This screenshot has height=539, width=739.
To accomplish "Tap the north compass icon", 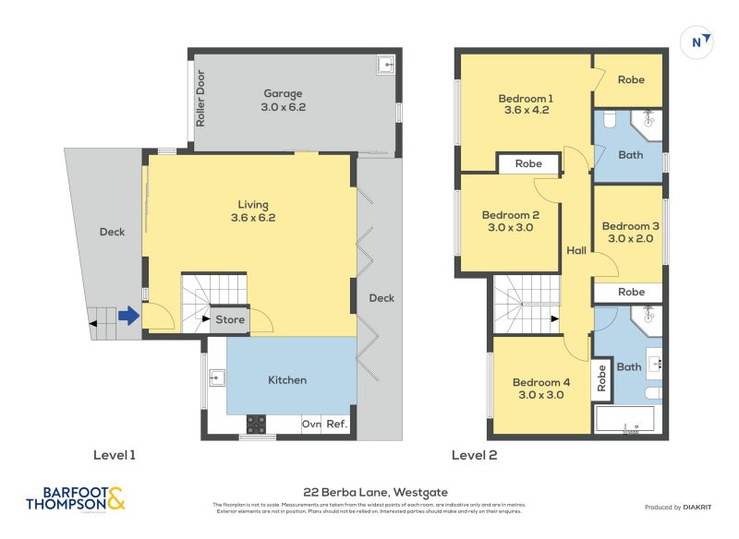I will click(702, 42).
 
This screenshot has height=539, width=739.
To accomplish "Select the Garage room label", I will click(283, 93).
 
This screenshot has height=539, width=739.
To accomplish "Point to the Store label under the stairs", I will click(230, 320).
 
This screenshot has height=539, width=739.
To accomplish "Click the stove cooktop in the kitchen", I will click(256, 425).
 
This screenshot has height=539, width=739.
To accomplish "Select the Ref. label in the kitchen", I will click(337, 425).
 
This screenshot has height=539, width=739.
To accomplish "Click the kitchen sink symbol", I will click(217, 377).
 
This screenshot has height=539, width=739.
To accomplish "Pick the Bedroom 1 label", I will click(526, 98).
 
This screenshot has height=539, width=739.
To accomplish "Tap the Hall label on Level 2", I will click(576, 250).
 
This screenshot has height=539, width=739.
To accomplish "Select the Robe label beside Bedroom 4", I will click(601, 377).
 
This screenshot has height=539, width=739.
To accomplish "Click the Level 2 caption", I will click(474, 455).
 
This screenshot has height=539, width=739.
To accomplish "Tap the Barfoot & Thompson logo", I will click(76, 499).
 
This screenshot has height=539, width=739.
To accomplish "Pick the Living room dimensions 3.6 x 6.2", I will click(253, 219).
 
